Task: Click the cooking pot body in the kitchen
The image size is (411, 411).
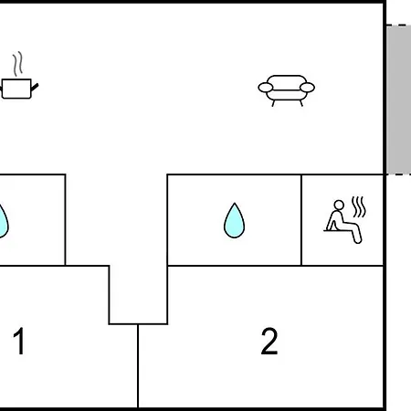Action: (16, 89)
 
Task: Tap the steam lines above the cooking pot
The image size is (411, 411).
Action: (18, 64)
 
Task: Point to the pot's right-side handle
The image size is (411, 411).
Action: (35, 87)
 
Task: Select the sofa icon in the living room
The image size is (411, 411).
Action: (286, 90)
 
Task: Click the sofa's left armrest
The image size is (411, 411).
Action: (266, 88)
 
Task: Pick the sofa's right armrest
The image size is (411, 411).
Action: (307, 88)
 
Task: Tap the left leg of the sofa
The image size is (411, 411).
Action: (273, 103)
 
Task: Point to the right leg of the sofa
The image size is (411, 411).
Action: (301, 103)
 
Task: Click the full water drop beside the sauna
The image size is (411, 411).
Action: (234, 220)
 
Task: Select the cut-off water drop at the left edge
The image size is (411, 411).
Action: (3, 221)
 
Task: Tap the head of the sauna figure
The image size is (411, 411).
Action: (339, 205)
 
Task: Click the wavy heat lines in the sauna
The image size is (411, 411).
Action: (359, 207)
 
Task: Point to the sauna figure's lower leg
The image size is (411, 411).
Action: (357, 237)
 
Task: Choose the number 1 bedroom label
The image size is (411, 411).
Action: (19, 341)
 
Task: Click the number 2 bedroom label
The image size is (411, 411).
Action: (269, 341)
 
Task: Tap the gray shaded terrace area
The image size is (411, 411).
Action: (399, 100)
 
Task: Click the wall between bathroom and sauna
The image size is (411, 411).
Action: (301, 220)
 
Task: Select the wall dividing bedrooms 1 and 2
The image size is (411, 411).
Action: (138, 365)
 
